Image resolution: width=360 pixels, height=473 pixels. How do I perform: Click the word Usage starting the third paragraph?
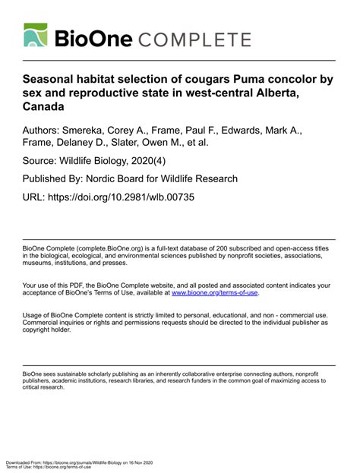point(33,314)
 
